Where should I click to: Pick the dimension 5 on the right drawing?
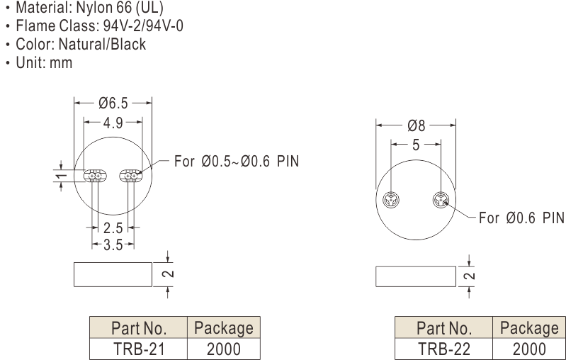(x=416, y=145)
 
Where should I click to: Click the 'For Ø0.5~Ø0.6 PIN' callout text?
(x=237, y=161)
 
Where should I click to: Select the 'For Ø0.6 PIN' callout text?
(x=521, y=218)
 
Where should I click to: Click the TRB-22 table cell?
(x=443, y=349)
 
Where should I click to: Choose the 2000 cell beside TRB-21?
(x=223, y=349)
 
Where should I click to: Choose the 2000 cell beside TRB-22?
(x=528, y=349)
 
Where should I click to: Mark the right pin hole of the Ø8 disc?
(x=440, y=201)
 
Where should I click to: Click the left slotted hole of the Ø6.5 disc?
(x=94, y=176)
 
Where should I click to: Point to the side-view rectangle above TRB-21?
(x=113, y=274)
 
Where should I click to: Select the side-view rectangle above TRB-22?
(x=416, y=276)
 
